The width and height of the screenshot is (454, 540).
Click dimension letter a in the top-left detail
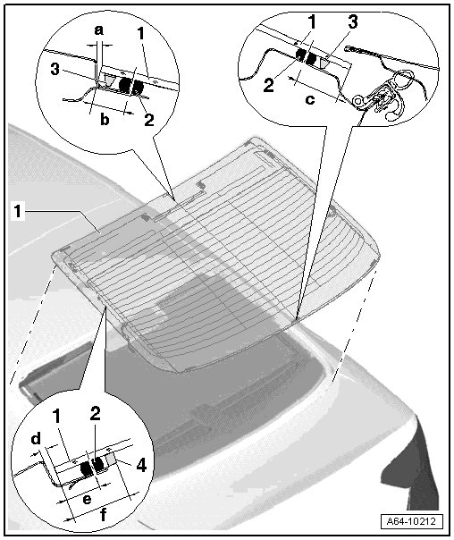99,30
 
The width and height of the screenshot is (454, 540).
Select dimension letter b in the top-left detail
105,120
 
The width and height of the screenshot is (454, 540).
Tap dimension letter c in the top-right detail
310,99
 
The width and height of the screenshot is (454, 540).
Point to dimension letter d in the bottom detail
36,439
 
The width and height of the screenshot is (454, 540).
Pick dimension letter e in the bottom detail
87,499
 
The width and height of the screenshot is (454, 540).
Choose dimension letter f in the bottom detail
103,515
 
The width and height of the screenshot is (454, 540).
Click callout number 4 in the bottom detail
141,466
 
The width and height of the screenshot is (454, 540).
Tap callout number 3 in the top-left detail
55,69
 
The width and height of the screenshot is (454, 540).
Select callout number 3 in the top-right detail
352,21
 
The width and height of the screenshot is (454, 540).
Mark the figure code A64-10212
411,521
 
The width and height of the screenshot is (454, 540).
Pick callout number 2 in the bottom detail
95,413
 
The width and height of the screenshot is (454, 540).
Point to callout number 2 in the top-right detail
268,85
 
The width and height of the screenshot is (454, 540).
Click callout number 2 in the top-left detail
149,120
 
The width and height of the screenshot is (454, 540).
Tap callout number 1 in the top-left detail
141,33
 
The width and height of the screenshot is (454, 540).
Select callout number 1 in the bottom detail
57,416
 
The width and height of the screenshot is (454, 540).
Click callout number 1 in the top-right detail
312,21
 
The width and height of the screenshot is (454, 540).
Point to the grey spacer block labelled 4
111,459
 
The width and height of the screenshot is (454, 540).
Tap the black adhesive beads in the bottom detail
92,466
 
